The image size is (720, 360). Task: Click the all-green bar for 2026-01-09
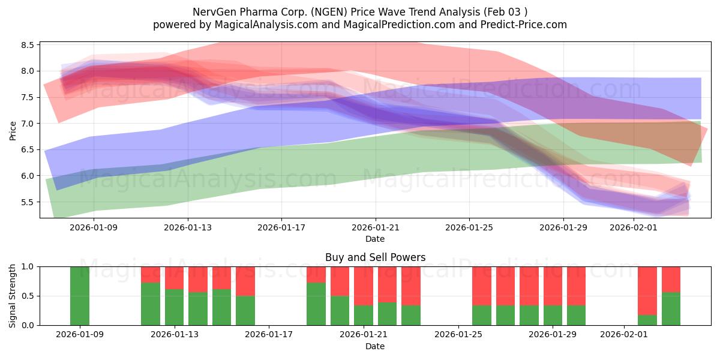(x=80, y=296)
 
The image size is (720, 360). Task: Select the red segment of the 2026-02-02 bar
(x=647, y=290)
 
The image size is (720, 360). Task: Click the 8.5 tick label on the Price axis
(x=28, y=45)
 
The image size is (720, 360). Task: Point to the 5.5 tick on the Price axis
(x=28, y=202)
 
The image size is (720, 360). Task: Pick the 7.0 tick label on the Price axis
(x=28, y=124)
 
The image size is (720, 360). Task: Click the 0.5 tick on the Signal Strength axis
(x=28, y=296)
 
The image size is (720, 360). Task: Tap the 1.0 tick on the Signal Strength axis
(x=28, y=266)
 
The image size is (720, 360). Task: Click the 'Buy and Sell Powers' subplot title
(x=375, y=257)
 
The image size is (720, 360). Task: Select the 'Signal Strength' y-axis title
(x=13, y=295)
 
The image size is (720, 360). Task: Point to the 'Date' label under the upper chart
(x=375, y=239)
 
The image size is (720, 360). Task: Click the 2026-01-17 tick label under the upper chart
(x=281, y=228)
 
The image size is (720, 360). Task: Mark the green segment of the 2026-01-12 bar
(x=151, y=304)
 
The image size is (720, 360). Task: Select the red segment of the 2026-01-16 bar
(x=245, y=281)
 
